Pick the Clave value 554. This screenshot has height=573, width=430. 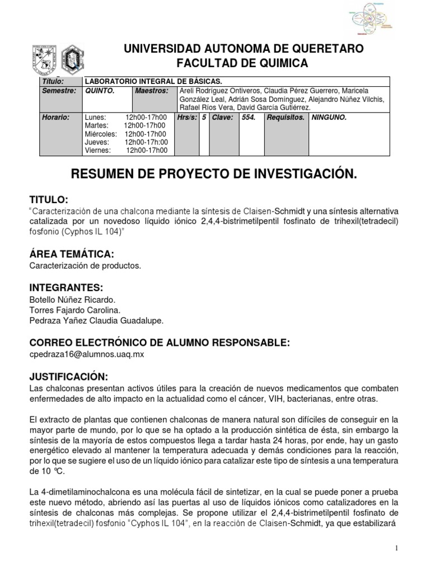pyautogui.click(x=247, y=118)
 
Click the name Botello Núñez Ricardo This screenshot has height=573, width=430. pyautogui.click(x=72, y=299)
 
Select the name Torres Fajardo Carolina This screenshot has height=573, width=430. pyautogui.click(x=74, y=309)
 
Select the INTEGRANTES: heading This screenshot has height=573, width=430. pyautogui.click(x=66, y=288)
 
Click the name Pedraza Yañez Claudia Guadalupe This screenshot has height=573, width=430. pyautogui.click(x=96, y=320)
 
